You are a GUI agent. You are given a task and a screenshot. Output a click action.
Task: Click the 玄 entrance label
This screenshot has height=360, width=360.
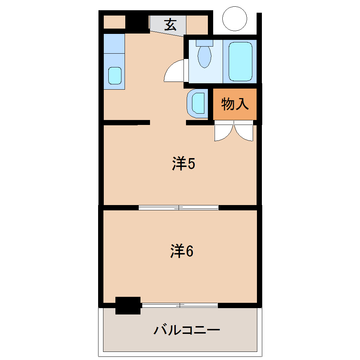tap(170, 25)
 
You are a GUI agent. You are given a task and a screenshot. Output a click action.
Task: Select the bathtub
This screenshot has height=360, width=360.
tap(240, 61)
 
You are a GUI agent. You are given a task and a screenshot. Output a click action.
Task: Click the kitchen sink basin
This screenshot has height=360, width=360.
tap(115, 76)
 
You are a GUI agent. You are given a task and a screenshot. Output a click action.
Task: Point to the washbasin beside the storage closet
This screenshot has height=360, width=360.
tap(198, 103)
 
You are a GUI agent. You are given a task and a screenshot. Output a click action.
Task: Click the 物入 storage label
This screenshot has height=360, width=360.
tap(235, 104)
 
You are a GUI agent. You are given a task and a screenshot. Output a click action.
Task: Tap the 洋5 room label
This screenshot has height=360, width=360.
tap(184, 164)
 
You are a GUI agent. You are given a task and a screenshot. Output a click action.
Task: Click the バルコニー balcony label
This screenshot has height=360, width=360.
tap(187, 330)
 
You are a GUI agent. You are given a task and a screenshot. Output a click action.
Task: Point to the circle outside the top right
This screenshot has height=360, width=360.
tap(234, 19)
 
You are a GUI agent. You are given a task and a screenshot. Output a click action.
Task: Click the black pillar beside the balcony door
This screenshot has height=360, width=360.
tap(128, 305)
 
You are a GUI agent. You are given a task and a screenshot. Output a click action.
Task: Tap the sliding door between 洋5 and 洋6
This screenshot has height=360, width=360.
tap(179, 208)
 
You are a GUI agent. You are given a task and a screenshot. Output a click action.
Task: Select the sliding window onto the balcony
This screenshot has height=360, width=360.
tap(180, 305)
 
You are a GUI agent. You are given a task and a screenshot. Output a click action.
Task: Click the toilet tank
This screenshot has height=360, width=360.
tap(205, 43)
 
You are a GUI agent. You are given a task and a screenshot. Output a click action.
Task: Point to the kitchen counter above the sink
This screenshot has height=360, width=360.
tap(114, 44)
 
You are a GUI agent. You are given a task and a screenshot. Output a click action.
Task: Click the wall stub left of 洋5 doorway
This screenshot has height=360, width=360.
tap(127, 122)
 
